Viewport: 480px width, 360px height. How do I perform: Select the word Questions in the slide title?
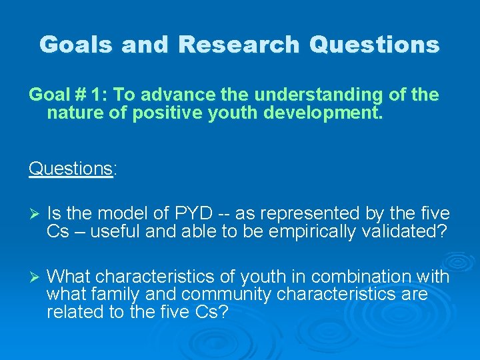(x=375, y=45)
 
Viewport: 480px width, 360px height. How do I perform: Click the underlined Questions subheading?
(x=71, y=169)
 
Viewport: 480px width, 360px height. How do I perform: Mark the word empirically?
(x=317, y=231)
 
